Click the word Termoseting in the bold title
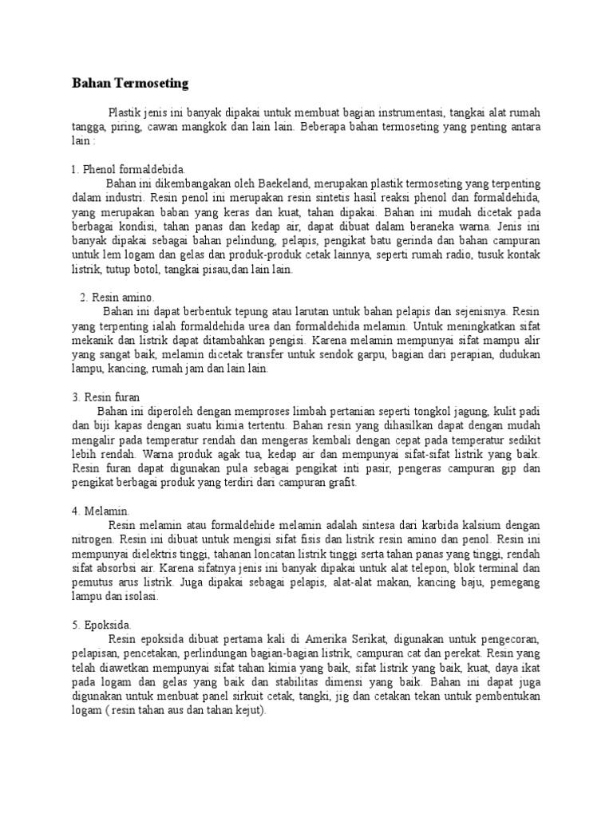coord(150,82)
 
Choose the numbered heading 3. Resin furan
coord(117,397)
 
